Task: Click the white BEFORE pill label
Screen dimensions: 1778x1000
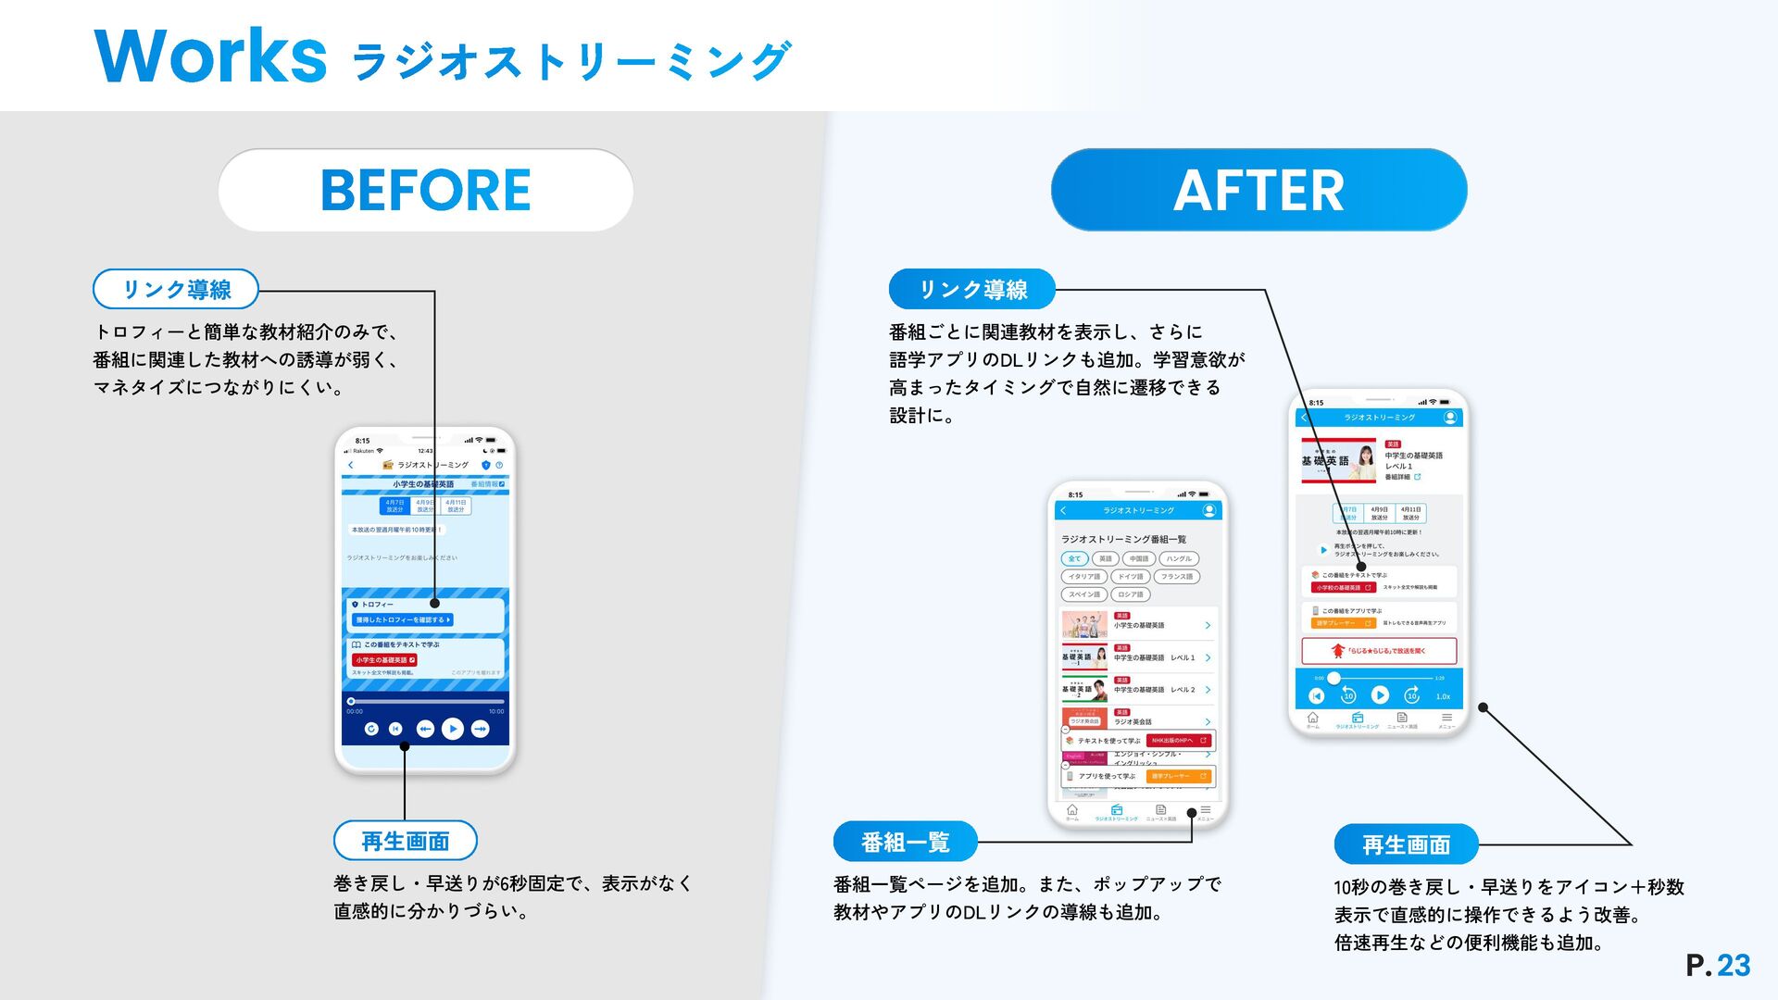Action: point(425,190)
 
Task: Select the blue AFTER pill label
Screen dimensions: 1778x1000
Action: point(1258,190)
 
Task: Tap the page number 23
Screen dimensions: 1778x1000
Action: point(1734,966)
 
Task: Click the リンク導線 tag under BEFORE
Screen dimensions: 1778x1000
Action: point(176,289)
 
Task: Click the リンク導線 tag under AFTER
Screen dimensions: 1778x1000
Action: point(972,289)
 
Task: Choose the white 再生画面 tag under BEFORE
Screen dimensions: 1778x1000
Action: point(405,841)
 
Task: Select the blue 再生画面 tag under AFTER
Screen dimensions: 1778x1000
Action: point(1406,844)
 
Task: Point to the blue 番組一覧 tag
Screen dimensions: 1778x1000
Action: point(905,842)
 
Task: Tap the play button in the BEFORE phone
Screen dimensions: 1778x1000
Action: point(453,730)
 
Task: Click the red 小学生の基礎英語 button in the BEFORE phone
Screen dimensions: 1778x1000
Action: point(384,660)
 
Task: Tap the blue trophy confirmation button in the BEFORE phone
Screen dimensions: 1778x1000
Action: point(403,619)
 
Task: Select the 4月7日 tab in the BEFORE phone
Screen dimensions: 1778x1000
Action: point(394,506)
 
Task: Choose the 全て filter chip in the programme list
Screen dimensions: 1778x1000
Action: point(1074,558)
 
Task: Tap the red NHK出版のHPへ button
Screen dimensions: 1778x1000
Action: point(1179,741)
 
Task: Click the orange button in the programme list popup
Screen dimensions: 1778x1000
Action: point(1179,776)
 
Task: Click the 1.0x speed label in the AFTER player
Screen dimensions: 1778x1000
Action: point(1443,696)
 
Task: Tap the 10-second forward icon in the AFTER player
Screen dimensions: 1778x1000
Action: point(1411,695)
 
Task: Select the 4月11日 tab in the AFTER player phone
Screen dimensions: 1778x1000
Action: point(1410,513)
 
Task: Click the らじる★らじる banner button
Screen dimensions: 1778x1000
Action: point(1379,651)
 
